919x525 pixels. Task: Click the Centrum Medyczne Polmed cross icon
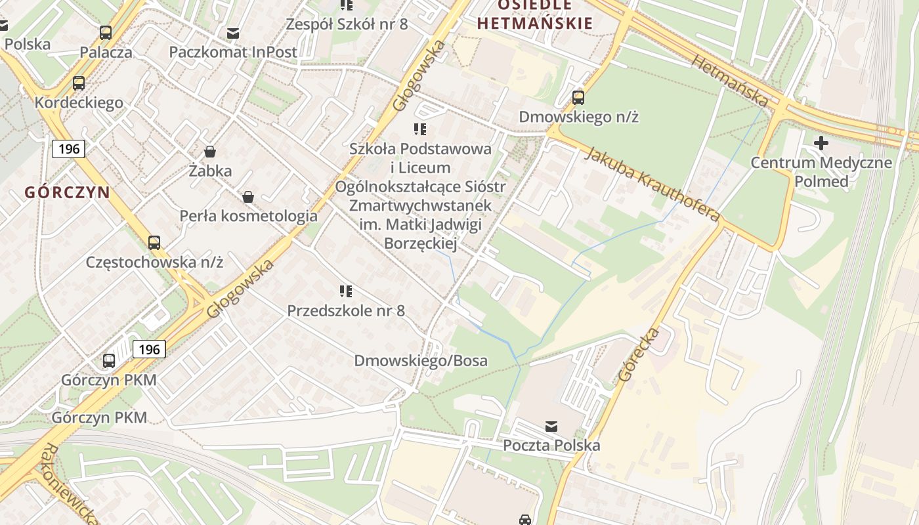point(821,142)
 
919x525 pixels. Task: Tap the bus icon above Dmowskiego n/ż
point(578,98)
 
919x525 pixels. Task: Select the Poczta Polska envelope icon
point(551,427)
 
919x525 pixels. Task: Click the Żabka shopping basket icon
point(210,152)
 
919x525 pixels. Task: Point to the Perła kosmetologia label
point(249,216)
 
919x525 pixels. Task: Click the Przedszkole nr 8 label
point(346,310)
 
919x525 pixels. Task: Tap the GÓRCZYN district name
point(67,192)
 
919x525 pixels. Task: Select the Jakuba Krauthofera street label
point(652,184)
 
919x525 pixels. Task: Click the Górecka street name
point(638,354)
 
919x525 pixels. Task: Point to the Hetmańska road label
point(730,81)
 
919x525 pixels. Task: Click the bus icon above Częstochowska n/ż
point(154,243)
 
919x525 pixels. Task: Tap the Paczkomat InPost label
point(233,52)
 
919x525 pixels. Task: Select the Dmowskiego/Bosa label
point(421,360)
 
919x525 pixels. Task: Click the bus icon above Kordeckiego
point(79,83)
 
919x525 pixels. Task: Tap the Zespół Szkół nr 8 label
point(347,24)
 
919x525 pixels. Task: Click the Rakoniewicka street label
point(69,484)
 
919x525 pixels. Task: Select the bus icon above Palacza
point(106,32)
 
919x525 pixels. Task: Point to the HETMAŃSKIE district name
point(534,24)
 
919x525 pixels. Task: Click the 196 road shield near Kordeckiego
point(69,149)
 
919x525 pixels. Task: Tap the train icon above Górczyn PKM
point(109,360)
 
